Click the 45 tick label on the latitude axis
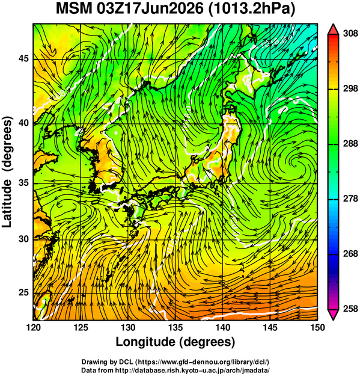pyautogui.click(x=23, y=58)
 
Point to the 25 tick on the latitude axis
pyautogui.click(x=23, y=292)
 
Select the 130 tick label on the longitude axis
pyautogui.click(x=128, y=327)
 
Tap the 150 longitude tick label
pyautogui.click(x=317, y=327)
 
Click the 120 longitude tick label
pyautogui.click(x=33, y=327)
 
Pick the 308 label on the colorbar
pyautogui.click(x=350, y=34)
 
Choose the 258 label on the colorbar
pyautogui.click(x=350, y=309)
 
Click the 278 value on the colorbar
pyautogui.click(x=350, y=199)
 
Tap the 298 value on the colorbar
pyautogui.click(x=350, y=88)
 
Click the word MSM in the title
pyautogui.click(x=74, y=8)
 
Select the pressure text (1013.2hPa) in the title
pyautogui.click(x=251, y=9)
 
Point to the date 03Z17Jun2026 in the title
pyautogui.click(x=150, y=8)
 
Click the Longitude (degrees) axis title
pyautogui.click(x=175, y=342)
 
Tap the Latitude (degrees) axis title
pyautogui.click(x=7, y=171)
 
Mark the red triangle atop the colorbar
pyautogui.click(x=333, y=29)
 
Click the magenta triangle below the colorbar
pyautogui.click(x=333, y=315)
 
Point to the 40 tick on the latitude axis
pyautogui.click(x=23, y=123)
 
